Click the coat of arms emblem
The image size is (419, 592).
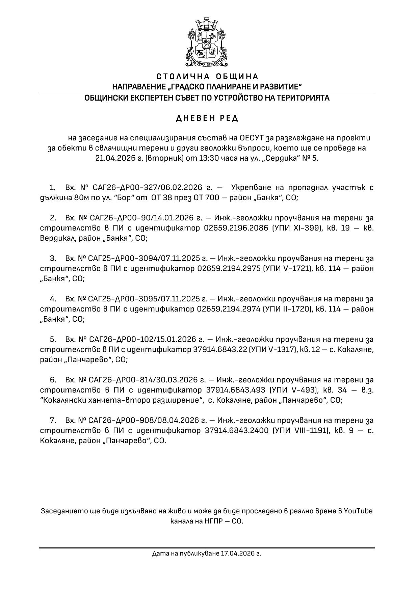point(206,43)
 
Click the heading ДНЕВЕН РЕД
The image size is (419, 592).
point(207,118)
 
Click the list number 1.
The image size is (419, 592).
point(52,188)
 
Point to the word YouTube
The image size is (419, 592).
point(358,511)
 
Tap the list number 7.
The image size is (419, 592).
point(53,421)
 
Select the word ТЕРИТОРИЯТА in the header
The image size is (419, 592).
point(303,98)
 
